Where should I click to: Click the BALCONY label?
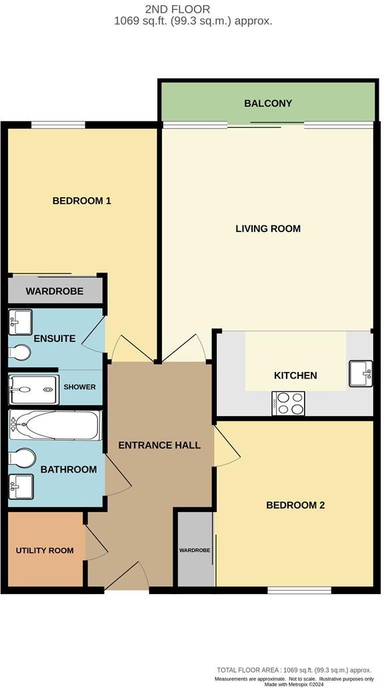click(268, 103)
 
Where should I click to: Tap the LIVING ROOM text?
click(268, 229)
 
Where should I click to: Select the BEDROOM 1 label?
click(81, 201)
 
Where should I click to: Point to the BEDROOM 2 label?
click(295, 505)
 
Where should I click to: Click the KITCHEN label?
click(295, 375)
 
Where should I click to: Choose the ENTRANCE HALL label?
click(159, 445)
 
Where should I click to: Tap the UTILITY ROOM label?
click(45, 551)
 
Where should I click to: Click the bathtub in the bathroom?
click(55, 425)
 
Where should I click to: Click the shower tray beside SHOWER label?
click(31, 387)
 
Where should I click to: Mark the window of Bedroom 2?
click(299, 590)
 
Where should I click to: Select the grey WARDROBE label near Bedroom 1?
click(55, 291)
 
